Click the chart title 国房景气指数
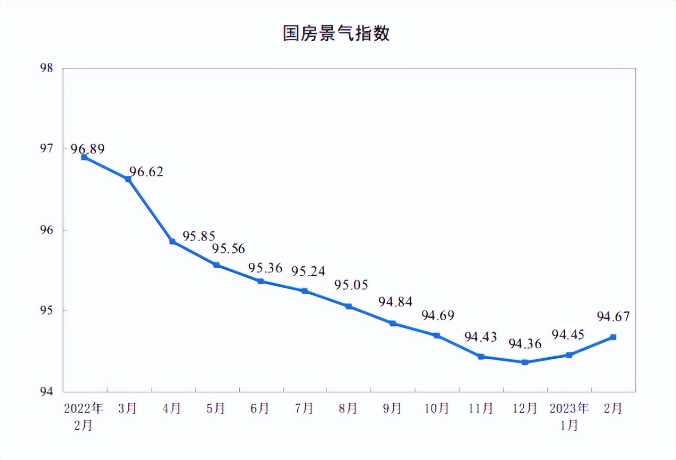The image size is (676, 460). [x=336, y=33]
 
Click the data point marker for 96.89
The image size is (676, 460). [x=84, y=157]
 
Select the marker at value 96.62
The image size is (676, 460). [x=128, y=179]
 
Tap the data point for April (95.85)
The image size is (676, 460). [x=172, y=241]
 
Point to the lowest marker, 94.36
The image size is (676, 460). [x=525, y=362]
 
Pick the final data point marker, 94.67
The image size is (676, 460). [x=613, y=337]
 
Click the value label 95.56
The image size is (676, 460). [x=229, y=249]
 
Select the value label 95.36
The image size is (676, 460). [x=265, y=268]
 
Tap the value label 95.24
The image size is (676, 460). [x=308, y=271]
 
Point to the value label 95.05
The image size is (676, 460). [x=351, y=285]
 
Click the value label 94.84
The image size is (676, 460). [x=395, y=302]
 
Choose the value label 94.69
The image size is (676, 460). [x=438, y=315]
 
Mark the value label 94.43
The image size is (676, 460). [x=480, y=337]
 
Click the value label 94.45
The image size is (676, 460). [x=568, y=335]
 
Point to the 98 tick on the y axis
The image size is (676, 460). [x=47, y=68]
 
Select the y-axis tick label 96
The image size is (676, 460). [x=47, y=230]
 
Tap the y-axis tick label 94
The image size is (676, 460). [x=47, y=391]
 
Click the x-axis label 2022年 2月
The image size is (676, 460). [x=83, y=416]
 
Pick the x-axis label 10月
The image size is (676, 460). [x=437, y=408]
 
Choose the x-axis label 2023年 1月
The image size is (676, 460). [x=569, y=416]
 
